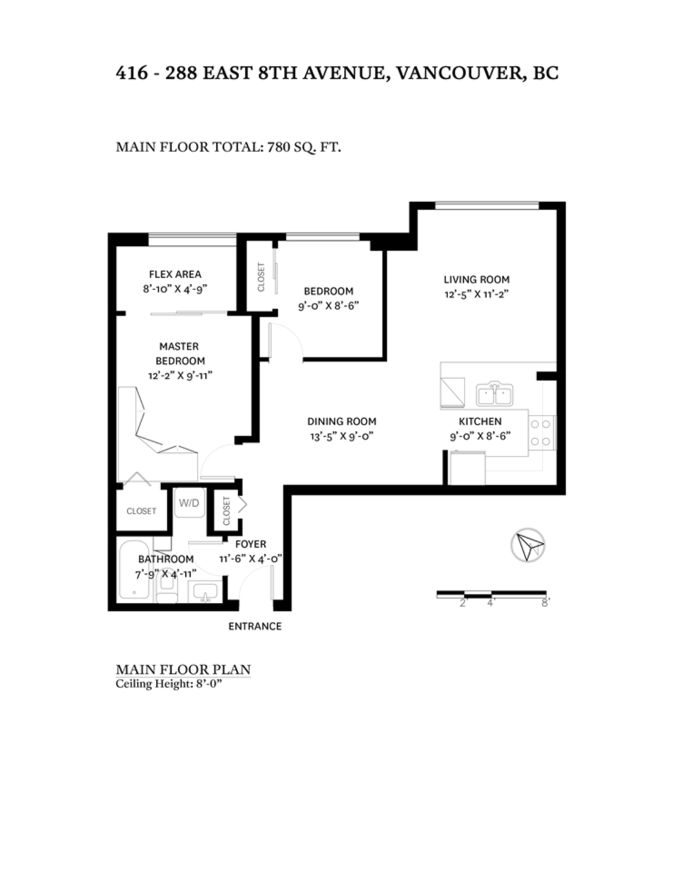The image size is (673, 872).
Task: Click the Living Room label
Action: click(x=476, y=280)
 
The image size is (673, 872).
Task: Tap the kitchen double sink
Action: click(x=494, y=394)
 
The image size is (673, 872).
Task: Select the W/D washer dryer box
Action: click(x=189, y=503)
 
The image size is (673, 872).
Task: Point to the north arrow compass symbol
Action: click(x=527, y=545)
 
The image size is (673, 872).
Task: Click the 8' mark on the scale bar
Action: click(x=545, y=604)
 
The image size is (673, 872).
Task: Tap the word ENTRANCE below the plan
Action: click(x=255, y=626)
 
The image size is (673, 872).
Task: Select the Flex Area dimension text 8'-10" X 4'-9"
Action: click(x=175, y=289)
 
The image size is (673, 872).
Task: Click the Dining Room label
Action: click(x=341, y=421)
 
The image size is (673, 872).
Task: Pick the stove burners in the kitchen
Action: click(x=541, y=433)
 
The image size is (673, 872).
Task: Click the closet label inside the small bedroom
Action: click(x=261, y=277)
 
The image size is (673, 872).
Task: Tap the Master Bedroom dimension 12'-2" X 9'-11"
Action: click(x=180, y=376)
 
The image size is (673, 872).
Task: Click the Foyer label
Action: click(x=251, y=544)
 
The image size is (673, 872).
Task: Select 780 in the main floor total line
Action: click(x=279, y=147)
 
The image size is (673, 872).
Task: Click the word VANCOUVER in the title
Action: click(x=460, y=73)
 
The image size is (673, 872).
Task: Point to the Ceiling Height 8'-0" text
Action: click(x=168, y=684)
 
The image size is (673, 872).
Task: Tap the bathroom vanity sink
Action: click(x=206, y=592)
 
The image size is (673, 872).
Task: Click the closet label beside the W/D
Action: click(x=227, y=510)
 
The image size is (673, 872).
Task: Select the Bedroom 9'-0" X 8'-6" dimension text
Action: click(x=328, y=306)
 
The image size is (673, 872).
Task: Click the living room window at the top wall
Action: click(x=487, y=206)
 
